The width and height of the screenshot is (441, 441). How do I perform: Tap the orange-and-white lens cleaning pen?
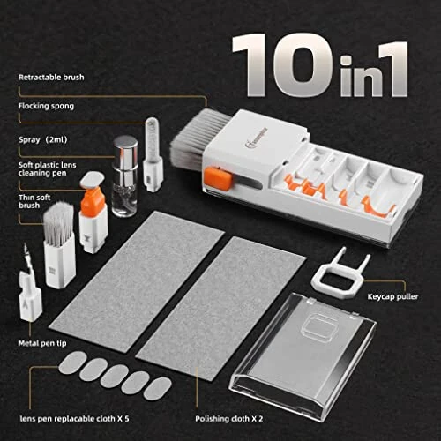click(x=91, y=212)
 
